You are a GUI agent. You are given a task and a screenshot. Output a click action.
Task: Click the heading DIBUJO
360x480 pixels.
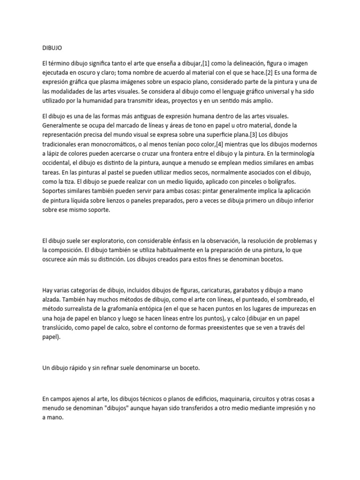pyautogui.click(x=52, y=47)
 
